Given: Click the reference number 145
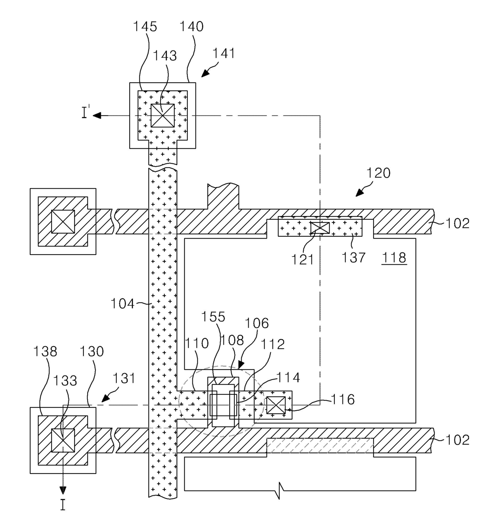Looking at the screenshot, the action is (x=145, y=26).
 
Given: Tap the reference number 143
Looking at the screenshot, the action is (x=165, y=56).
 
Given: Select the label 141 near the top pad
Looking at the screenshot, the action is (x=223, y=53).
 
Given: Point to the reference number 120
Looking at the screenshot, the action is (x=378, y=173).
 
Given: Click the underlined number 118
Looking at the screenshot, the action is (x=394, y=257).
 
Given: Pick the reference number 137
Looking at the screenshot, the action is (x=353, y=258).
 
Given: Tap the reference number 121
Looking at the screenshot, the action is (x=303, y=260).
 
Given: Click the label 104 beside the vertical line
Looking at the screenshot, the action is (x=123, y=303).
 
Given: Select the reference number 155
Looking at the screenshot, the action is (x=213, y=317).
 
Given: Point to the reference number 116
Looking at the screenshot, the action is (x=343, y=399).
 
